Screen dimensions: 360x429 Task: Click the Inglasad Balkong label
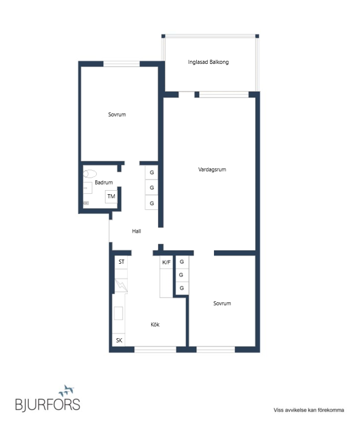point(208,62)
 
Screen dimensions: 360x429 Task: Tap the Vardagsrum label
point(212,169)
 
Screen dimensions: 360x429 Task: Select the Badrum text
point(103,182)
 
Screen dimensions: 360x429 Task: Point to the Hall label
point(136,231)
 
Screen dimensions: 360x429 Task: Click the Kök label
point(155,325)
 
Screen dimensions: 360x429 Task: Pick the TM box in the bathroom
point(112,196)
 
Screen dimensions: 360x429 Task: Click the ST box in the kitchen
point(121,262)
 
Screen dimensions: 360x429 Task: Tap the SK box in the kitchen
point(119,340)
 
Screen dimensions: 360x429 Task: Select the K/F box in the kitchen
point(166,262)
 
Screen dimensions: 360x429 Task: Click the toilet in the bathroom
point(90,174)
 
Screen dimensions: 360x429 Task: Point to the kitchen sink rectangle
point(119,313)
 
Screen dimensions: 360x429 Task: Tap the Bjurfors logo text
point(48,404)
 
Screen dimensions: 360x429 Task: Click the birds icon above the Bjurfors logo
point(67,390)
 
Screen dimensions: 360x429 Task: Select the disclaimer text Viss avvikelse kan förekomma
point(309,410)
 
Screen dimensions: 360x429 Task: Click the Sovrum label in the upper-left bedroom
point(117,115)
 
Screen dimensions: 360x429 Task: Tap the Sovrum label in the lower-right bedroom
point(222,303)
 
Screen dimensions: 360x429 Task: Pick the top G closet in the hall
point(152,172)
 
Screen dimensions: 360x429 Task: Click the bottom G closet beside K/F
point(182,288)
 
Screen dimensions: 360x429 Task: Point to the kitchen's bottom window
point(155,349)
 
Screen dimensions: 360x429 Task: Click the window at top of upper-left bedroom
point(122,64)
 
